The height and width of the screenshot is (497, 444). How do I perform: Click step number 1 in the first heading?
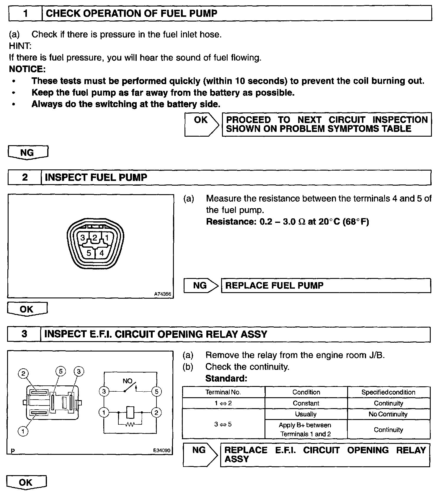(25, 14)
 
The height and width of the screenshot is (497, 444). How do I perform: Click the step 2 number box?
(25, 177)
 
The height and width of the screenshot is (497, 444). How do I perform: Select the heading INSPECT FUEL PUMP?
(96, 177)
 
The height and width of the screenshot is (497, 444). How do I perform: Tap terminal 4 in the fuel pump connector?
(102, 253)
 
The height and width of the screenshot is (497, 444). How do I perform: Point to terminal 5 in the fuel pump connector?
(89, 253)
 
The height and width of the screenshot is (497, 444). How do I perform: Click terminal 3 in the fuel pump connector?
(83, 238)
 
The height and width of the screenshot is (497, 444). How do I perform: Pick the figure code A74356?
(162, 294)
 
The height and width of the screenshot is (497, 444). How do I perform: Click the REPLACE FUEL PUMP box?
(326, 286)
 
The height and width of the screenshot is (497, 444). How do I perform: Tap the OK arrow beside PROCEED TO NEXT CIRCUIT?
(202, 124)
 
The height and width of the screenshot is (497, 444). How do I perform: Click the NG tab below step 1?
(27, 153)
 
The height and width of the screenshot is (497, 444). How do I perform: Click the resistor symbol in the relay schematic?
(130, 424)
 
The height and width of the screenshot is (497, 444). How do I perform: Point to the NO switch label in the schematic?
(128, 381)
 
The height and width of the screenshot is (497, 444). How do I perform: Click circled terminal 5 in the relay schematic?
(156, 392)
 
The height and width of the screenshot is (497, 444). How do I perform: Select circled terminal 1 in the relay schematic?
(104, 412)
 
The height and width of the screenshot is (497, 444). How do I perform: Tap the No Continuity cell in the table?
(388, 414)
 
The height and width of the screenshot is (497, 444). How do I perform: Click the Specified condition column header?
(388, 392)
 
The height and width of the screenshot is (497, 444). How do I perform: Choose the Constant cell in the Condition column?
(306, 403)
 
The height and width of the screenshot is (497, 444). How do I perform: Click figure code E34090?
(162, 451)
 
